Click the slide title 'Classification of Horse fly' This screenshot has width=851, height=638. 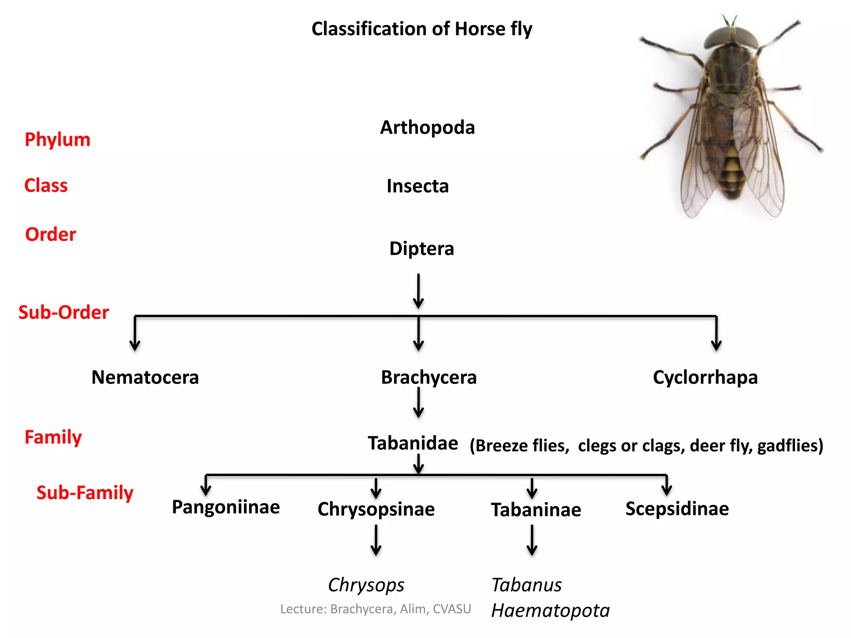421,29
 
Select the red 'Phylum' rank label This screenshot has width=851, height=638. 57,140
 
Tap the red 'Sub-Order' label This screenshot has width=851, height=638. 64,312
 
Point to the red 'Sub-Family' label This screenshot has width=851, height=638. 85,493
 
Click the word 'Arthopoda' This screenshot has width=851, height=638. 427,128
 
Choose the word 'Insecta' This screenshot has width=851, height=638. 418,186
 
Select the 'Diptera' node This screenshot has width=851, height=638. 421,248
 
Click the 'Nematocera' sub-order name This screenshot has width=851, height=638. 145,377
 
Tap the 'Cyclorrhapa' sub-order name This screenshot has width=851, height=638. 705,377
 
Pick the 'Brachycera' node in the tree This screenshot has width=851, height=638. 428,377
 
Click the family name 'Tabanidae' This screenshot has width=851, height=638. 413,443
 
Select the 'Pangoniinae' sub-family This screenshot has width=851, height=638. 226,507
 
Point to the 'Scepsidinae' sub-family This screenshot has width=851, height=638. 677,509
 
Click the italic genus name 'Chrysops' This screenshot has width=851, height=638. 366,585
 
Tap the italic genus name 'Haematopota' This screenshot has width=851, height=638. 550,611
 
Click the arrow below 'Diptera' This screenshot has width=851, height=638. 418,291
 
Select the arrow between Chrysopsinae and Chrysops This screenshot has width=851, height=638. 376,540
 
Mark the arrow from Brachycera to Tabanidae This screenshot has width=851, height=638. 418,402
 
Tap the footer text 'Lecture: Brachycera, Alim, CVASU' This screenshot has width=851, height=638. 376,609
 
